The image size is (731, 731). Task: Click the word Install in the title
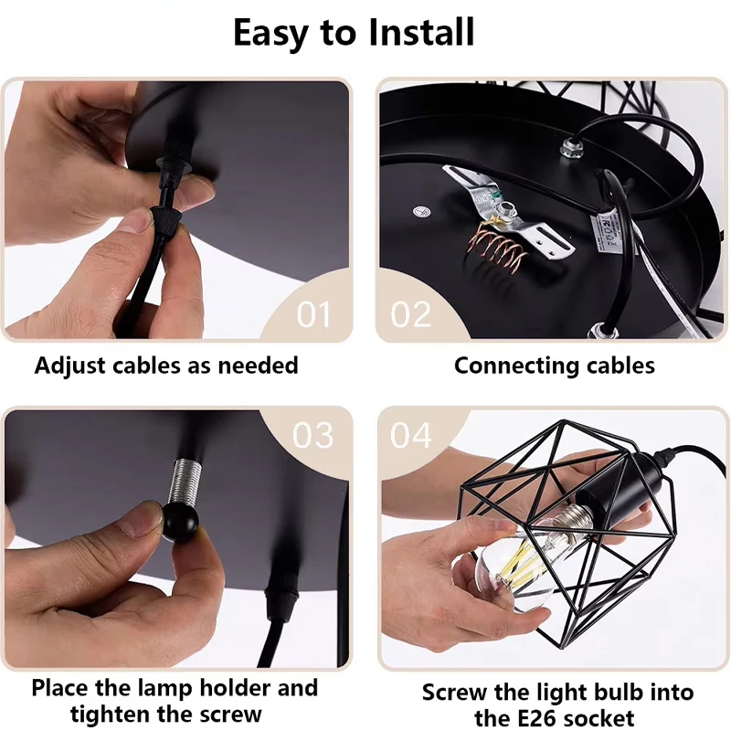click(421, 32)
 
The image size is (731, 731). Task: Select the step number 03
click(313, 436)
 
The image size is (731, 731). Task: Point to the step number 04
click(410, 436)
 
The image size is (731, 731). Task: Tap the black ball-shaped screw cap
click(181, 521)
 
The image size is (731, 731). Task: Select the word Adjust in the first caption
click(69, 365)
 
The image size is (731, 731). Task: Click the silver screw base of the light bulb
click(576, 519)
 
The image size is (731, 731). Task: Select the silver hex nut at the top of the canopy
click(570, 149)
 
